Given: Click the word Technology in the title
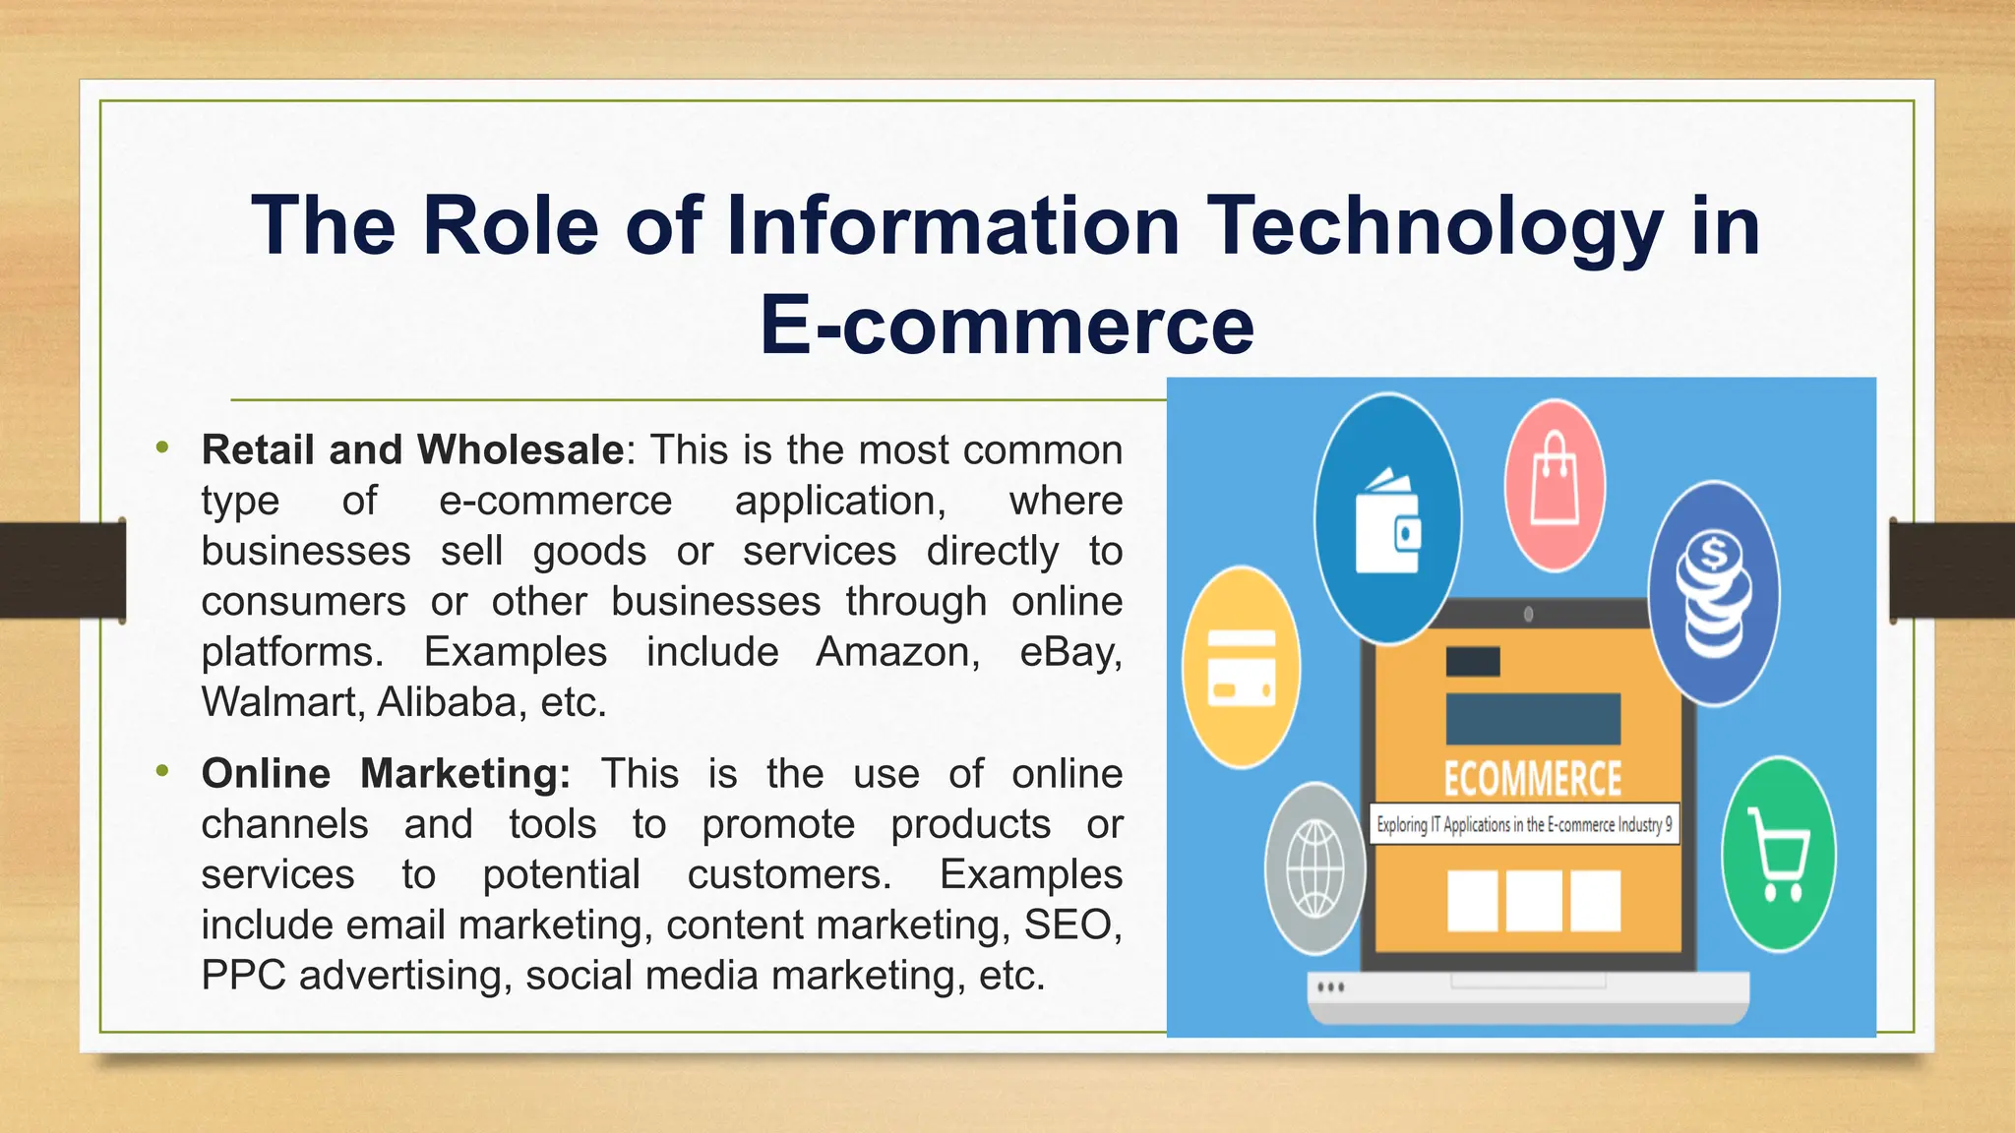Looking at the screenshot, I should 1435,226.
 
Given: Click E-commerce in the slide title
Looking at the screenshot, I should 1007,326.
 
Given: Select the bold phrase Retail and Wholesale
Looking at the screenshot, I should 412,450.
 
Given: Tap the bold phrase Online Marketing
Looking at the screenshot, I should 386,774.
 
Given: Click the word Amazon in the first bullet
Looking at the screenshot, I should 897,652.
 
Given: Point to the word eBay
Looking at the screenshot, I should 1069,652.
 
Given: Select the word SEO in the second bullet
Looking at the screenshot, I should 1070,925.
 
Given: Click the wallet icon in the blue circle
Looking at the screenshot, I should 1387,521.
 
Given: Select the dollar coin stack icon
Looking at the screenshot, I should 1714,594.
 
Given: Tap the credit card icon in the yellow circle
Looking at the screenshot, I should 1241,668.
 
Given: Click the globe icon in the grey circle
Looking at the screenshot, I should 1315,868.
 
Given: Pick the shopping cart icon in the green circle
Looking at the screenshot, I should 1779,854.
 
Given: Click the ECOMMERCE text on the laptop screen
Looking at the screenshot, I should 1532,779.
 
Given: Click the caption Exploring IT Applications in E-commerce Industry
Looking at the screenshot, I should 1523,824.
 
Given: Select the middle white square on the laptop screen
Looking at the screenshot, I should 1533,900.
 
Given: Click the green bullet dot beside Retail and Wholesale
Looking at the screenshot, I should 162,448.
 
